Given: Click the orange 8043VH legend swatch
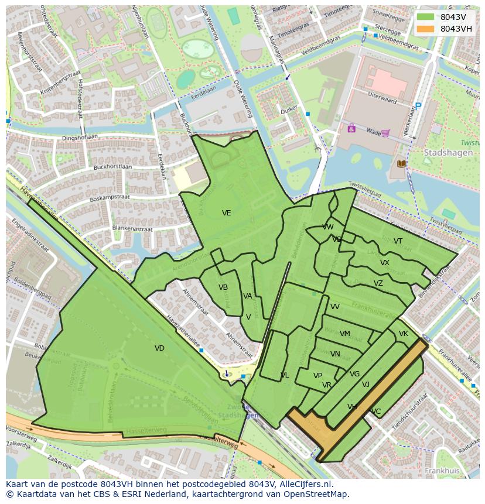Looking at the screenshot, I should tap(426, 29).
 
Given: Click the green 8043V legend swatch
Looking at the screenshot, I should tap(426, 17).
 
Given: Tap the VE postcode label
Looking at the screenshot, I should tap(226, 213).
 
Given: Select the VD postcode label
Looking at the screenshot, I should tap(159, 348).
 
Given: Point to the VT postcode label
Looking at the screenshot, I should tap(398, 241).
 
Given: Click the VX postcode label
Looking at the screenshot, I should tap(384, 263).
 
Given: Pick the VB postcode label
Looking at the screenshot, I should tap(223, 287).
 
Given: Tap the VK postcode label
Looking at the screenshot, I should tap(403, 334).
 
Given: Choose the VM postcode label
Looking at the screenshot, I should tap(344, 334).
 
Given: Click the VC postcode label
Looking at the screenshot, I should tap(375, 412).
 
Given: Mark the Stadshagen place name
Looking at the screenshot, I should tap(445, 152).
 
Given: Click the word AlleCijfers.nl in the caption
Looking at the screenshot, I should tap(305, 485).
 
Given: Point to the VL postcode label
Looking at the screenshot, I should tap(284, 375).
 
